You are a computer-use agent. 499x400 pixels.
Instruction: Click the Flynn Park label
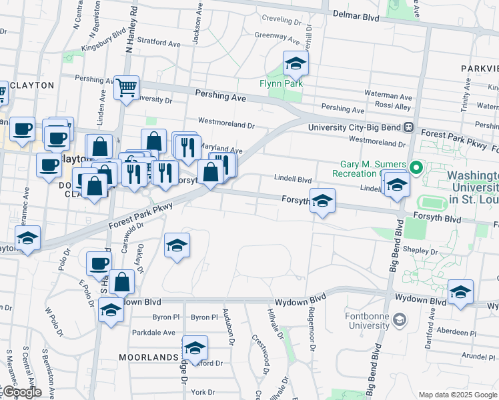point(282,83)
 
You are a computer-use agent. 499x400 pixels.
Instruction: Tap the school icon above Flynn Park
point(296,65)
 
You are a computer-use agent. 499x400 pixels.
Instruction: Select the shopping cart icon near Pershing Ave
point(125,87)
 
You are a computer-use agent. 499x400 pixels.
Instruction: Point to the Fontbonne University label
point(367,320)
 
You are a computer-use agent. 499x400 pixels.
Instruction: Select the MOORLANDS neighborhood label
point(148,357)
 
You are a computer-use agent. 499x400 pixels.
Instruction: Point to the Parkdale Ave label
point(153,333)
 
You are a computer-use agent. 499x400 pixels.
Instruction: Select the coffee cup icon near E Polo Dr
point(99,263)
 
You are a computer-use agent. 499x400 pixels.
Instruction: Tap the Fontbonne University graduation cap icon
point(400,320)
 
